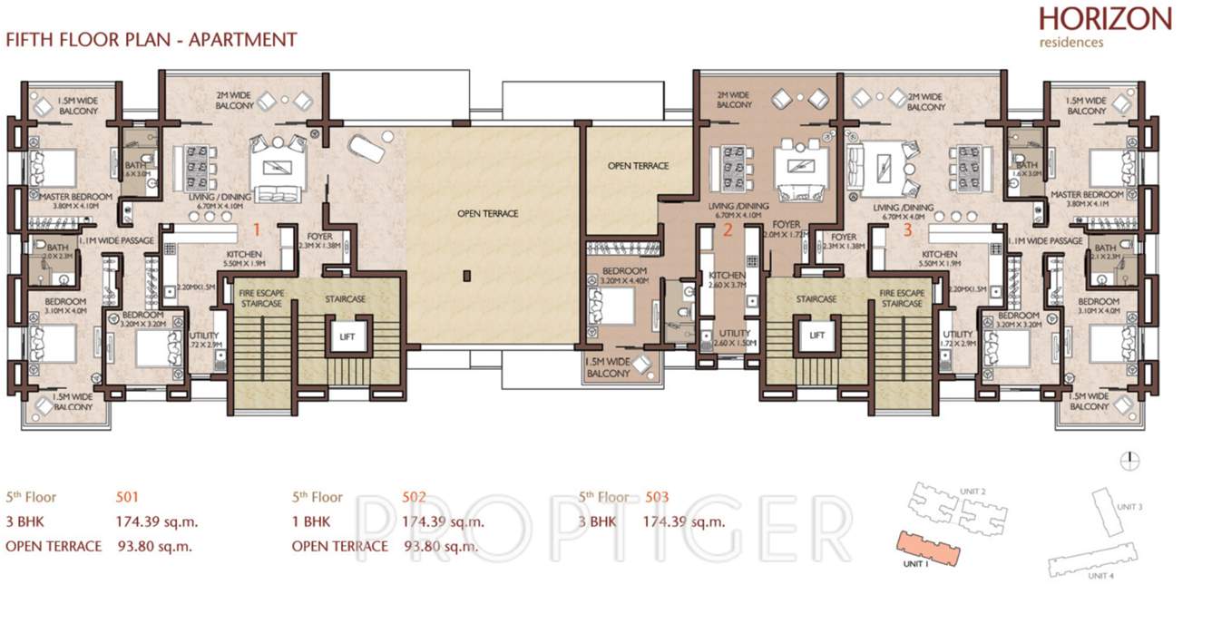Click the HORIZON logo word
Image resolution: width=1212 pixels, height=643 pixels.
click(x=1105, y=19)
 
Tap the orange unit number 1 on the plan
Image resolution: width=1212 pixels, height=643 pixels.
click(x=258, y=228)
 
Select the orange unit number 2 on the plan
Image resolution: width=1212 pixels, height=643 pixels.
click(x=727, y=229)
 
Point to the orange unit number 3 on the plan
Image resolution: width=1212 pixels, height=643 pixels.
click(x=907, y=229)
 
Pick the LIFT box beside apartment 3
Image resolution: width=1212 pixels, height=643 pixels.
click(x=817, y=336)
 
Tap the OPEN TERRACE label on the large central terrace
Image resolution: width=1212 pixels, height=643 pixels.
click(x=488, y=214)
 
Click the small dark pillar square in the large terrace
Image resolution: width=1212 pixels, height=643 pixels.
click(x=465, y=275)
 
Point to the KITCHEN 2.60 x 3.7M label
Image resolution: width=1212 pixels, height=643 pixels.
click(x=727, y=280)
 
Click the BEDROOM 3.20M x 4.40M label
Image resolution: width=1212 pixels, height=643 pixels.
click(x=624, y=276)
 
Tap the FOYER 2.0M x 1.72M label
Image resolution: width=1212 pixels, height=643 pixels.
click(x=786, y=229)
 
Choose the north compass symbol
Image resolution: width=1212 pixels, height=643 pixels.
click(x=1129, y=461)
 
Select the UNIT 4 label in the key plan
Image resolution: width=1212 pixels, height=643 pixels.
click(x=1100, y=576)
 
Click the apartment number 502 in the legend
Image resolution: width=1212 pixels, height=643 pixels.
click(x=414, y=497)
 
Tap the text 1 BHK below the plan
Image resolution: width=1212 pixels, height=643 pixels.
click(x=311, y=521)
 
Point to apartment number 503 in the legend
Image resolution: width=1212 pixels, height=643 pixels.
click(x=657, y=497)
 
